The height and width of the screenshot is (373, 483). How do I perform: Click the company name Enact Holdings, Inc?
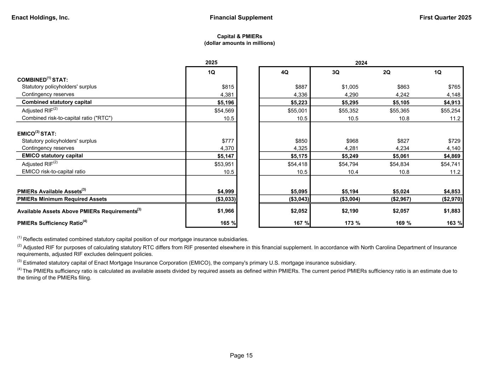tap(40, 18)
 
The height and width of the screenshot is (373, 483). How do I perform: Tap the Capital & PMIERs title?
tap(240, 36)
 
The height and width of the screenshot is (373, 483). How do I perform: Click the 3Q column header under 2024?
tap(335, 72)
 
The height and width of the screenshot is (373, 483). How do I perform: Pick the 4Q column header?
tap(284, 72)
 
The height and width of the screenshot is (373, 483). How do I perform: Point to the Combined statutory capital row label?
tap(57, 102)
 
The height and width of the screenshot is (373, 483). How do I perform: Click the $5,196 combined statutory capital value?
tap(225, 103)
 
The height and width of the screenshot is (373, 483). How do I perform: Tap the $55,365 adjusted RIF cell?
tap(399, 111)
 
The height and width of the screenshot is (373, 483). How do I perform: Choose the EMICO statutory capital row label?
tap(52, 156)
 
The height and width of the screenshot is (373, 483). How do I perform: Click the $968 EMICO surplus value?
tap(352, 141)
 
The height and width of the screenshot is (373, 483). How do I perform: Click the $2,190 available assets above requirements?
tap(351, 211)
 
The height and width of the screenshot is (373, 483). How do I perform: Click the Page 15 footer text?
tap(241, 356)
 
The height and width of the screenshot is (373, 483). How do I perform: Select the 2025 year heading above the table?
tap(211, 63)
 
